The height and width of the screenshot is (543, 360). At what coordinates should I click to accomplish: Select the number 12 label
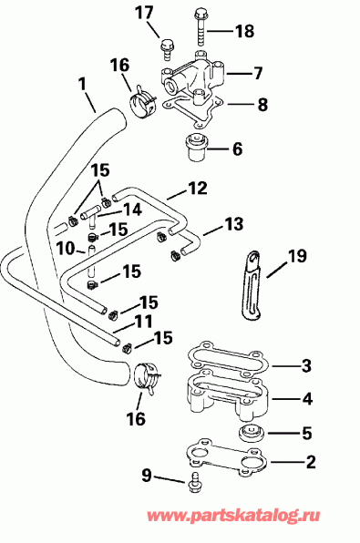tap(198, 190)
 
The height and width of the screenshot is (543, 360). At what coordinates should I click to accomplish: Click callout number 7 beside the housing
tap(258, 71)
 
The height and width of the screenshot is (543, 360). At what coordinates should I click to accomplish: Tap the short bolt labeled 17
tap(167, 44)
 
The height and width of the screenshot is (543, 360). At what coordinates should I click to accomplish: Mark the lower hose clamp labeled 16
tap(145, 378)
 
